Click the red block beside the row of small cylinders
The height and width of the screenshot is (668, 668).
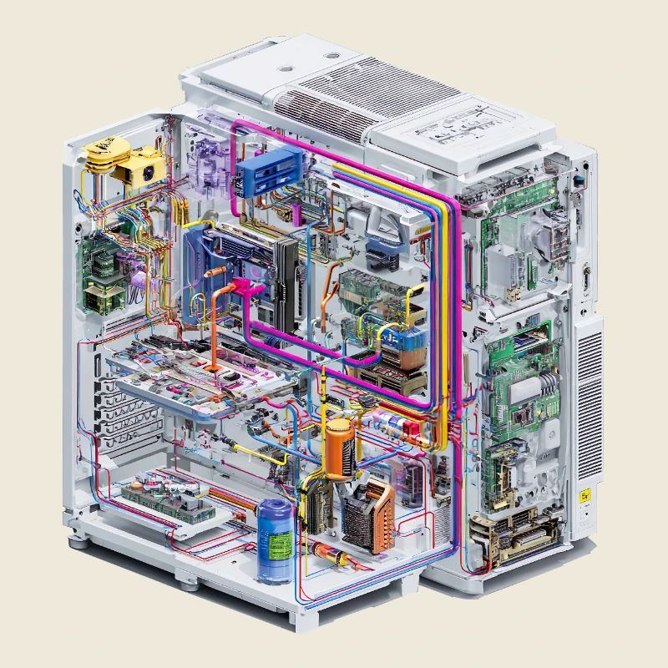[x=412, y=430]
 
